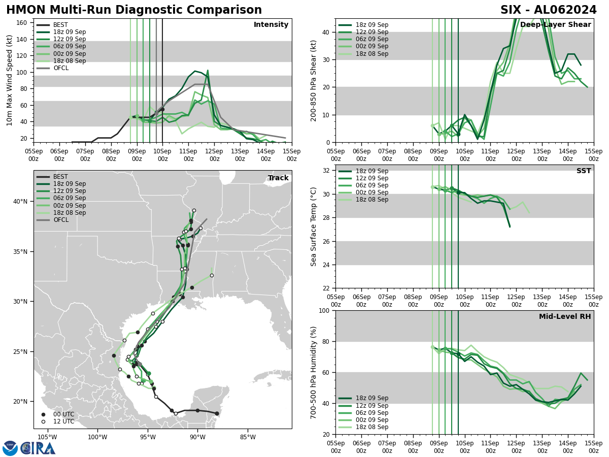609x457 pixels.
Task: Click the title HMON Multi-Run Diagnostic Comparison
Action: (x=134, y=10)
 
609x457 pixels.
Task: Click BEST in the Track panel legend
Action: (x=60, y=177)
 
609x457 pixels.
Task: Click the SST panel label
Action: (x=584, y=171)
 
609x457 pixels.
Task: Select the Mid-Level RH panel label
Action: (x=565, y=317)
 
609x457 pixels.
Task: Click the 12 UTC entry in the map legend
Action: (x=63, y=421)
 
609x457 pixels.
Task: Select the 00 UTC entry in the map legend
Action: (x=63, y=414)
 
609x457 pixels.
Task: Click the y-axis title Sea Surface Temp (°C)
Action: (x=314, y=226)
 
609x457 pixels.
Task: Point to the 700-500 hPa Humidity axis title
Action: (x=314, y=372)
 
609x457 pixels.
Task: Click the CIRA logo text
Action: (x=38, y=448)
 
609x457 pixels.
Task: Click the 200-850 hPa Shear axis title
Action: (x=314, y=80)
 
